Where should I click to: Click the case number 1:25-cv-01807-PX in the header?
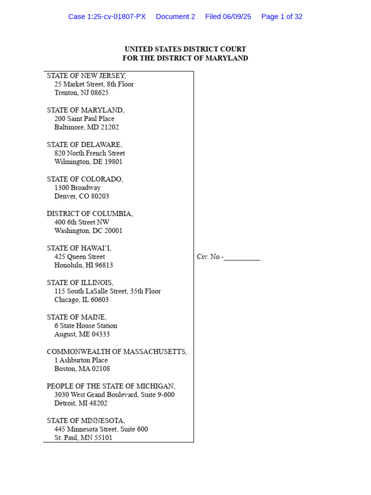coord(107,16)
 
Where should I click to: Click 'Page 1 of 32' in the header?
coord(282,16)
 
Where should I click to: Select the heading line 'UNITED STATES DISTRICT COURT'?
coord(185,49)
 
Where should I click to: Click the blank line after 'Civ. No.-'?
coord(242,257)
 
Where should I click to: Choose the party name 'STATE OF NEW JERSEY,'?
coord(86,75)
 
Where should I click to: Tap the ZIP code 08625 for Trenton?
coord(100,93)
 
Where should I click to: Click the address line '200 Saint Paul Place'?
coord(84,119)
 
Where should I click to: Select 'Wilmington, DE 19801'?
coord(88,162)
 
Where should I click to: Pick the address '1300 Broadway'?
coord(77,188)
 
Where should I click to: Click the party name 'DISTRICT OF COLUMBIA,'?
coord(90,214)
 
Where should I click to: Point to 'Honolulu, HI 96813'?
coord(84,265)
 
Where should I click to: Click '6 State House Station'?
coord(86,326)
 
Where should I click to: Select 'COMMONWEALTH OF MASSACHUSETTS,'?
coord(117,352)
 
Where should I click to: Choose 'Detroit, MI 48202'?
coord(81,403)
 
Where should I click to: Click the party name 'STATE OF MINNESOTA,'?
coord(86,421)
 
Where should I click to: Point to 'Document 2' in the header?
coord(175,16)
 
